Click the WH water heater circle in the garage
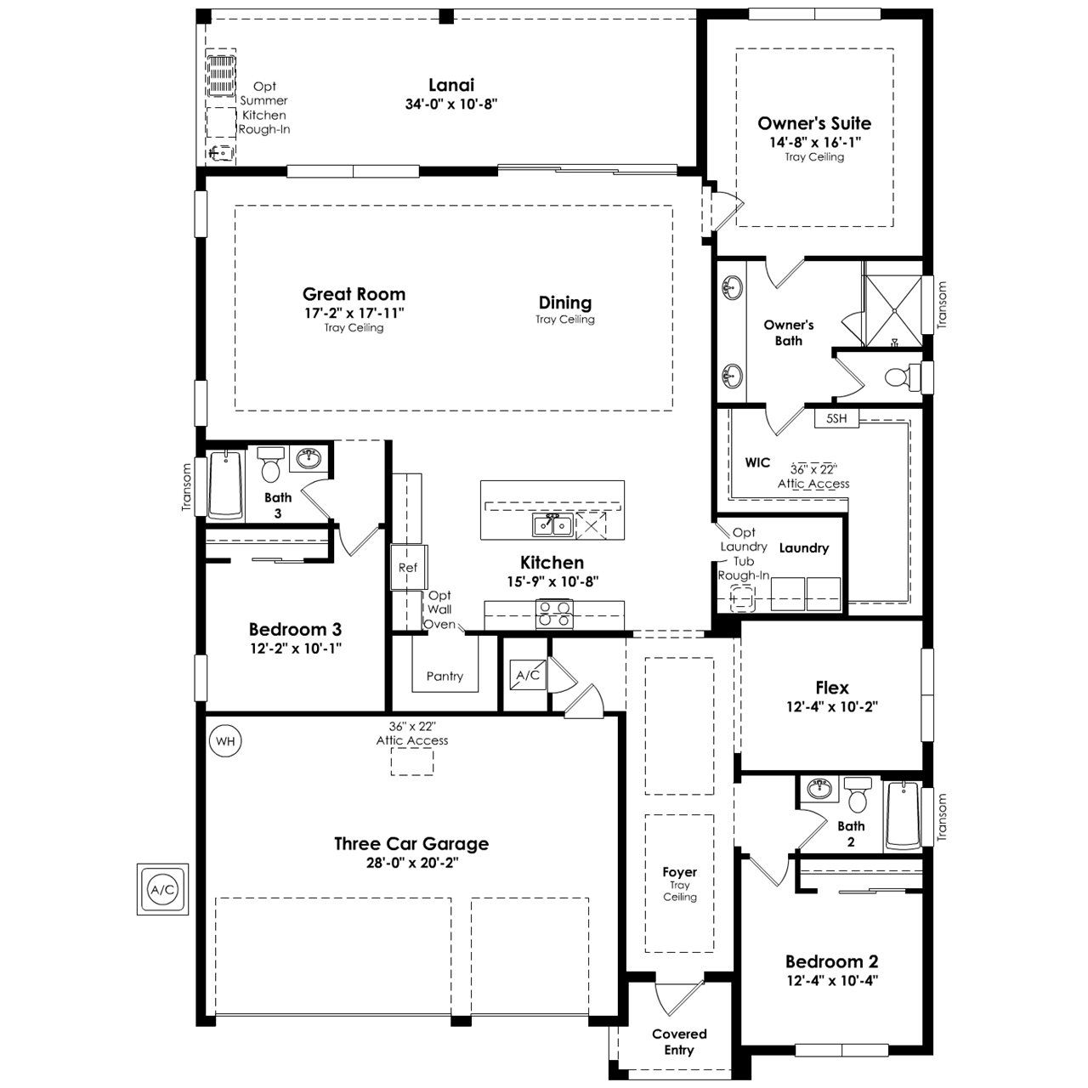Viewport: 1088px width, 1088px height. coord(225,740)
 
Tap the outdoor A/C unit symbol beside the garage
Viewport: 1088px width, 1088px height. coord(162,889)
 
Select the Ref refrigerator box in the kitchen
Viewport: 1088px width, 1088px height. coord(408,568)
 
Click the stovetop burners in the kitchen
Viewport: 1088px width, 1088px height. coord(554,614)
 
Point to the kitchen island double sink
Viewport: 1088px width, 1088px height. coord(552,524)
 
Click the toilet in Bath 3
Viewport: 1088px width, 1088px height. coord(270,465)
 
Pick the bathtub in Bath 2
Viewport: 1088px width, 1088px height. coord(903,816)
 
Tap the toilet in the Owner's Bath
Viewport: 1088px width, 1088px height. coord(903,376)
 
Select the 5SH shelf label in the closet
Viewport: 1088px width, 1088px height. coord(836,418)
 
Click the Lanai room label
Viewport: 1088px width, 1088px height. coord(451,85)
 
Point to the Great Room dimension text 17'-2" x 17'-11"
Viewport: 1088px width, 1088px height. coord(354,313)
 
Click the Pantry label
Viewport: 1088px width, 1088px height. coord(445,676)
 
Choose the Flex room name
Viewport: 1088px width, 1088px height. coord(831,688)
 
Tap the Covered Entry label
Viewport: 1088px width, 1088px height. coord(679,1042)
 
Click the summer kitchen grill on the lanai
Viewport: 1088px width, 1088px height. coord(221,76)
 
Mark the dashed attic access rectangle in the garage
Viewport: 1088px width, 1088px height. coord(412,761)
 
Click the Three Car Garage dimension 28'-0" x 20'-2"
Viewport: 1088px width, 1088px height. coord(411,863)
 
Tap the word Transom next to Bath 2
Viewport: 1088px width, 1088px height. coord(941,817)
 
